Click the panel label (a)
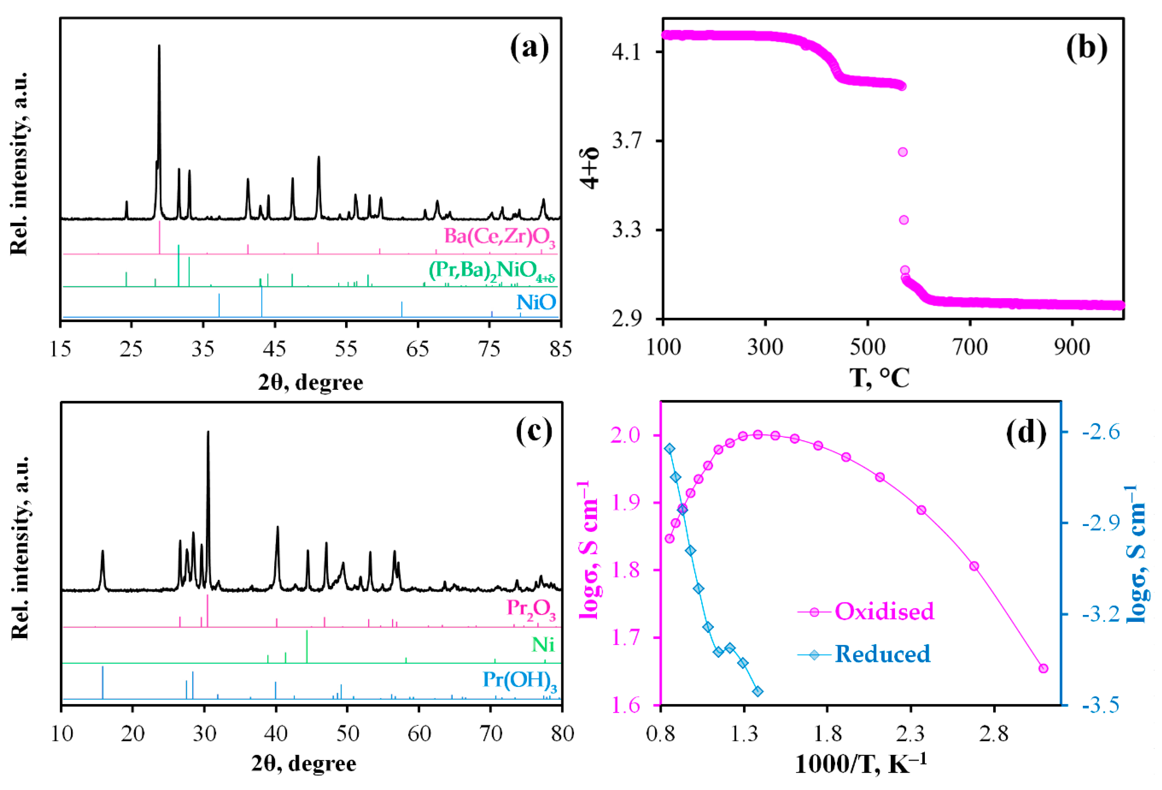[x=529, y=49]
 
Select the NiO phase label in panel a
[x=536, y=302]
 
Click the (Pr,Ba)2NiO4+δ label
[x=492, y=271]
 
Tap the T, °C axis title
[x=879, y=378]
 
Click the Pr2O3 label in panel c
[x=531, y=609]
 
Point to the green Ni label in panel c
[x=543, y=644]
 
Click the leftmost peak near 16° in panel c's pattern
[x=103, y=551]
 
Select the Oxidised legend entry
[x=884, y=612]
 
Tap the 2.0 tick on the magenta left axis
[x=625, y=435]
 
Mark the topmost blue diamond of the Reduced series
[x=670, y=449]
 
